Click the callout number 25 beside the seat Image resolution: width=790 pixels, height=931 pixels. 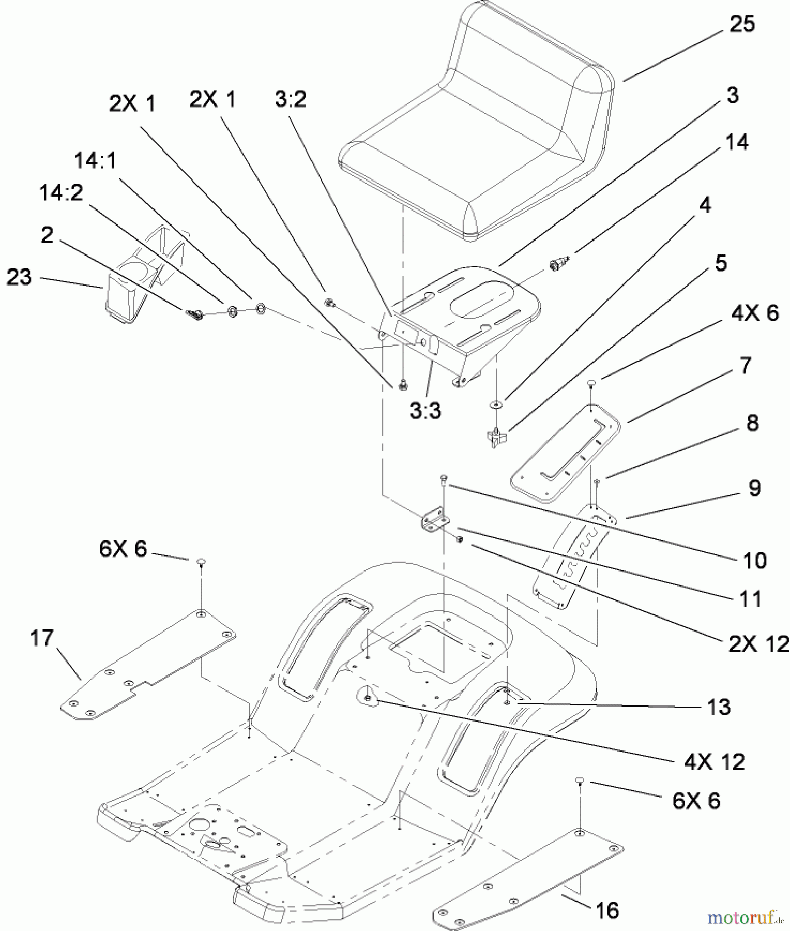[742, 24]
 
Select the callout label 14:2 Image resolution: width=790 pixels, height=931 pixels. [61, 192]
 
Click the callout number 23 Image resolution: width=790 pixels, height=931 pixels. [19, 277]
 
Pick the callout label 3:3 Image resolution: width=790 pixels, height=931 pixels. [425, 411]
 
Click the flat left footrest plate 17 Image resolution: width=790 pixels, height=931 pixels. [150, 667]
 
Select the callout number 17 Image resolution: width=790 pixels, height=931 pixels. [41, 638]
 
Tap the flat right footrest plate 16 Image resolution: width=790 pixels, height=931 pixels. [527, 874]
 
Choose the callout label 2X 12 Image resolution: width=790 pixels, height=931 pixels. [758, 644]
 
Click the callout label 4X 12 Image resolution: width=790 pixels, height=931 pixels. [715, 762]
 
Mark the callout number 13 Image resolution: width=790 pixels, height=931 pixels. [719, 708]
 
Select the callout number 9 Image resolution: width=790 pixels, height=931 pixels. [754, 488]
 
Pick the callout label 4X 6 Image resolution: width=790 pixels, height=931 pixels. [755, 313]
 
